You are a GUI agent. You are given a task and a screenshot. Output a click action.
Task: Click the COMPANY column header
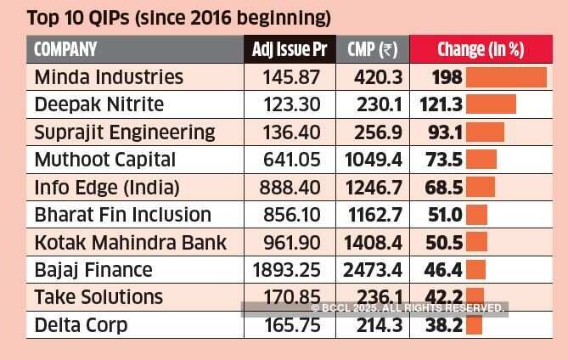(x=65, y=49)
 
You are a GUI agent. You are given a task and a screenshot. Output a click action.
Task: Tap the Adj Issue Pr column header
(x=290, y=49)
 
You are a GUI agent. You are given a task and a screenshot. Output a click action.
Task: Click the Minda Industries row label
(x=109, y=77)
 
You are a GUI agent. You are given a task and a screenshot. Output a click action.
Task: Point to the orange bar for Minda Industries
(x=507, y=77)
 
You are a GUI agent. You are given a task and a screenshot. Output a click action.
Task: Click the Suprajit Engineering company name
(x=125, y=132)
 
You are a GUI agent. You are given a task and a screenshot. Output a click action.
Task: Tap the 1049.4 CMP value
(x=373, y=160)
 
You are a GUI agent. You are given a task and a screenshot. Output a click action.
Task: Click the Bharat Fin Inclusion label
(x=122, y=215)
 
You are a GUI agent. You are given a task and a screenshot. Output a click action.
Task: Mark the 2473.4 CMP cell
(x=373, y=271)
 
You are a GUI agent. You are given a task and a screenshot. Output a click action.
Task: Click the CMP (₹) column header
(x=373, y=49)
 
